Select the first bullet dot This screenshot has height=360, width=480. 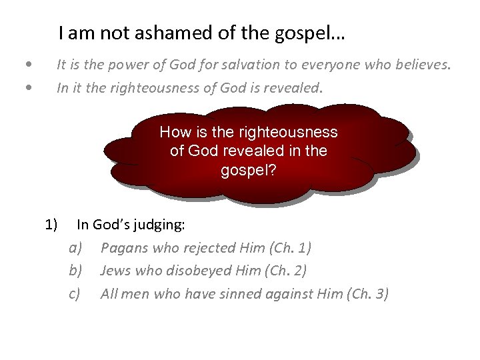(27, 65)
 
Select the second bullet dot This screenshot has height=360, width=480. (27, 86)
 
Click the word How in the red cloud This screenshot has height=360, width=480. (173, 132)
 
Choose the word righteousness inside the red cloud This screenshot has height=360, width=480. (291, 132)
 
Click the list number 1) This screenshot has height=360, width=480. (52, 225)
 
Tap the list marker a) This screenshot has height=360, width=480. (75, 248)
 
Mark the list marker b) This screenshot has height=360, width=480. (75, 271)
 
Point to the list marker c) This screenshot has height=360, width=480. (75, 293)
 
